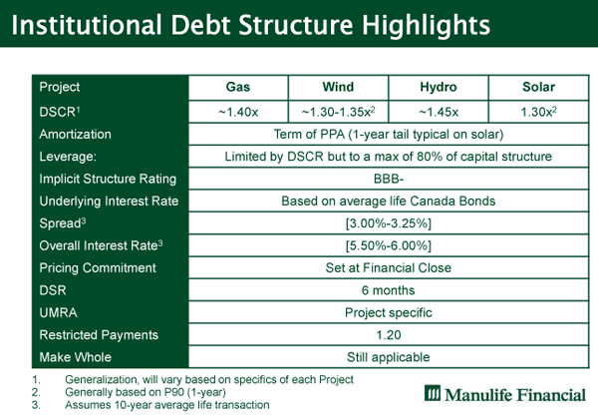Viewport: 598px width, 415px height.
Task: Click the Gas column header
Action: click(238, 87)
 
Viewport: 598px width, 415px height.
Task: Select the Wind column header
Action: click(338, 87)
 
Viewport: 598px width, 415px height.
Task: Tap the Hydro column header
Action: click(439, 87)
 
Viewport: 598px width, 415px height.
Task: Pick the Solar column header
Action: click(538, 87)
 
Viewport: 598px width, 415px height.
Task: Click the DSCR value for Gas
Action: click(238, 112)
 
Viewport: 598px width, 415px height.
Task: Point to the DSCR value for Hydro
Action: click(439, 112)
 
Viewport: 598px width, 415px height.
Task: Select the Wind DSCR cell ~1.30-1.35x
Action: click(338, 112)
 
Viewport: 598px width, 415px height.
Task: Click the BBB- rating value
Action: click(389, 179)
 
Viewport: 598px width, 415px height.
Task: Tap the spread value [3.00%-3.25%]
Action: click(389, 223)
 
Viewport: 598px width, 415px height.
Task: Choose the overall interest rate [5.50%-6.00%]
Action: click(389, 245)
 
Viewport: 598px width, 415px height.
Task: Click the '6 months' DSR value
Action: click(389, 290)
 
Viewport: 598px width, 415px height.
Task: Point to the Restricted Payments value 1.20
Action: click(389, 335)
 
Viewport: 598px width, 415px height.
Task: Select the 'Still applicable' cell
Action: click(389, 357)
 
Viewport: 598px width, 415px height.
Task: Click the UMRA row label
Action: click(58, 313)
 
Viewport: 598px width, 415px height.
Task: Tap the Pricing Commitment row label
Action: click(98, 268)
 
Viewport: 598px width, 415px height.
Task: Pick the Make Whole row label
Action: click(75, 357)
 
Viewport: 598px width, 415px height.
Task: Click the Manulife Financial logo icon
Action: click(433, 393)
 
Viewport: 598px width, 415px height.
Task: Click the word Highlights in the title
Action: click(426, 26)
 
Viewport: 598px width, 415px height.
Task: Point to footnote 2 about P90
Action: click(146, 392)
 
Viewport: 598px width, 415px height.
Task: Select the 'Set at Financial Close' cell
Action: click(389, 268)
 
